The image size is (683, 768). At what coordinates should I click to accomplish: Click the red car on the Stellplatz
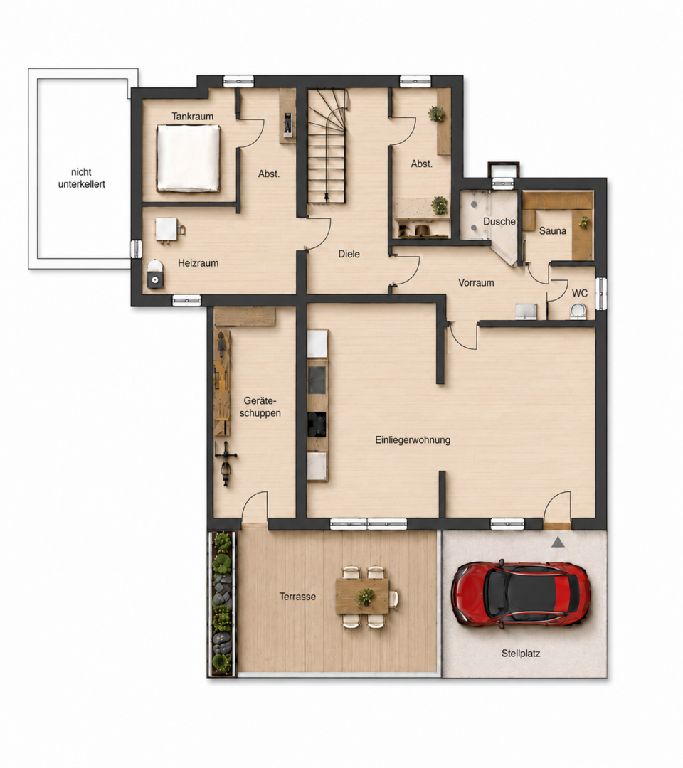[521, 594]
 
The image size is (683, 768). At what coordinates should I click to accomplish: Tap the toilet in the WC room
[578, 311]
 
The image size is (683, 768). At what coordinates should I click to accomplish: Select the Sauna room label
[553, 230]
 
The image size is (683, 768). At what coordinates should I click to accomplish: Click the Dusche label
[499, 221]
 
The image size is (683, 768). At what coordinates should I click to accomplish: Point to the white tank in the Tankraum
[188, 158]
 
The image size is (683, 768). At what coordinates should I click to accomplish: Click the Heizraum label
[198, 263]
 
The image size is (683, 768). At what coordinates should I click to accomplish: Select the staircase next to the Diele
[327, 146]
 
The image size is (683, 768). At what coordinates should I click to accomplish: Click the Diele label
[349, 254]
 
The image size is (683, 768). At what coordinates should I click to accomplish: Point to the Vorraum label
[476, 282]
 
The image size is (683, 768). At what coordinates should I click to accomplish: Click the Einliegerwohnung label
[413, 440]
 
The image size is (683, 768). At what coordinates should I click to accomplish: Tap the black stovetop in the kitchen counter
[317, 424]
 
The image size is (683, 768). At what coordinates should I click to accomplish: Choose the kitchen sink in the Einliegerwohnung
[317, 380]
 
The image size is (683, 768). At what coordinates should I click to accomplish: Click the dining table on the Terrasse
[363, 596]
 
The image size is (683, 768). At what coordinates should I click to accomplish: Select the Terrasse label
[297, 597]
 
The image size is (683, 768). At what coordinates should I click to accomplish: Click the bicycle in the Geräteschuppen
[226, 464]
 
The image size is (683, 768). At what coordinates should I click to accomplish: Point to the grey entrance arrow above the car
[558, 543]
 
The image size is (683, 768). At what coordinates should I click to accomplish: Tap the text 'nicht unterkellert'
[81, 178]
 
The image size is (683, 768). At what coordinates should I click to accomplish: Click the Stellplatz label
[521, 653]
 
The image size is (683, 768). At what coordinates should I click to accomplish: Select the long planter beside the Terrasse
[222, 604]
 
